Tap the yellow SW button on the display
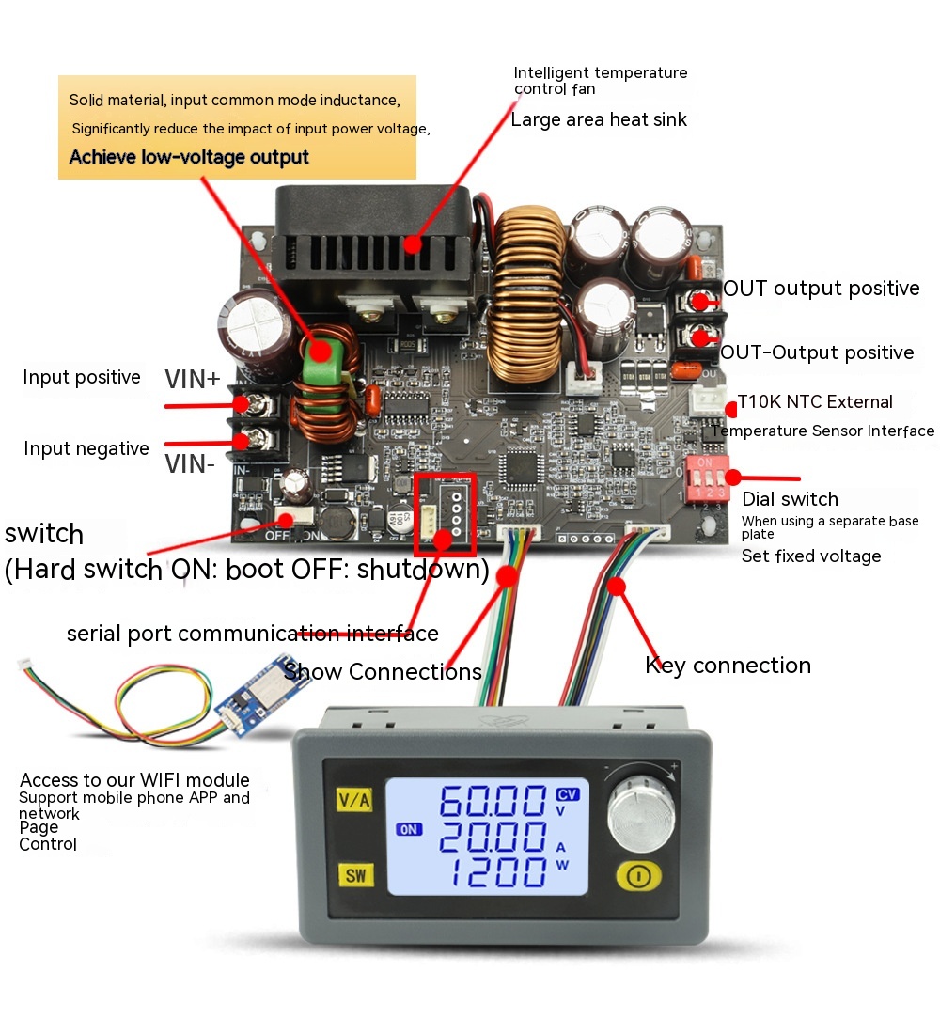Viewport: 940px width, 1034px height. [355, 876]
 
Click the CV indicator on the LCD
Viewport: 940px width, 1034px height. [568, 792]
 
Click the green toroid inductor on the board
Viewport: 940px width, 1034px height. [321, 351]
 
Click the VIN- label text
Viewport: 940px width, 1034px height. [191, 463]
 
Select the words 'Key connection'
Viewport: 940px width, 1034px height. [728, 666]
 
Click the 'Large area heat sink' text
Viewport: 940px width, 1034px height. [599, 119]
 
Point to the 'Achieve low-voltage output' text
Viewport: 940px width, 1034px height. [189, 157]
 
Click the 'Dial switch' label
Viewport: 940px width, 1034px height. [790, 499]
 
